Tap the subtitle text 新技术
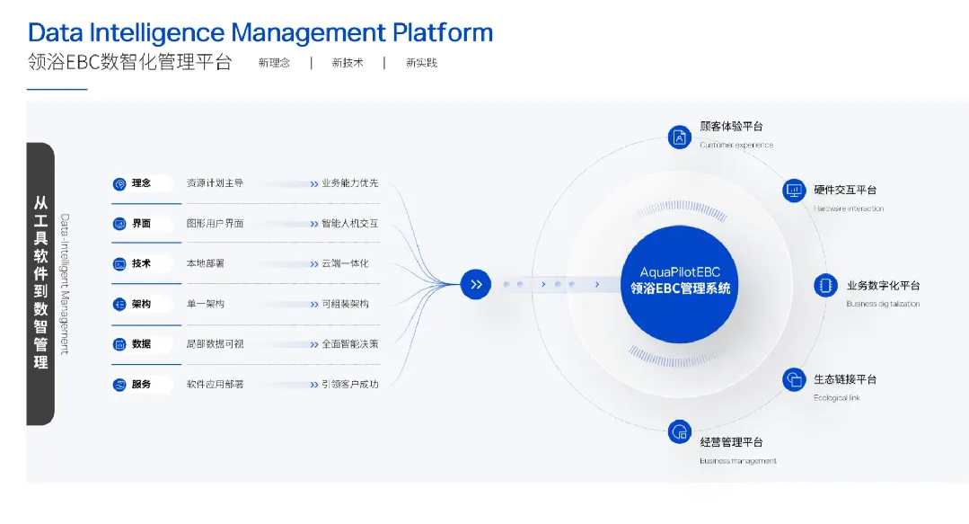[348, 63]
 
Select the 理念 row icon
[119, 183]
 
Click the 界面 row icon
[119, 224]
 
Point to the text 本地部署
[205, 263]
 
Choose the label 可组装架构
[345, 304]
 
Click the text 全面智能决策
[349, 343]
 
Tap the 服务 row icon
[119, 385]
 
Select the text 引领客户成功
[349, 384]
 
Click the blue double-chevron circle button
[476, 284]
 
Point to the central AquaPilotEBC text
[680, 271]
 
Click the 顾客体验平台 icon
[680, 137]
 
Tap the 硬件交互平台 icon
[794, 191]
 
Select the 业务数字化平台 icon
[824, 286]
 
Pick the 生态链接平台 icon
[794, 379]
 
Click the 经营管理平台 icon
[680, 431]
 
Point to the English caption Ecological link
[836, 397]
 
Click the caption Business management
[737, 461]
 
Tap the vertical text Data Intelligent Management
[65, 283]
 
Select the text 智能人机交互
[349, 223]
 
